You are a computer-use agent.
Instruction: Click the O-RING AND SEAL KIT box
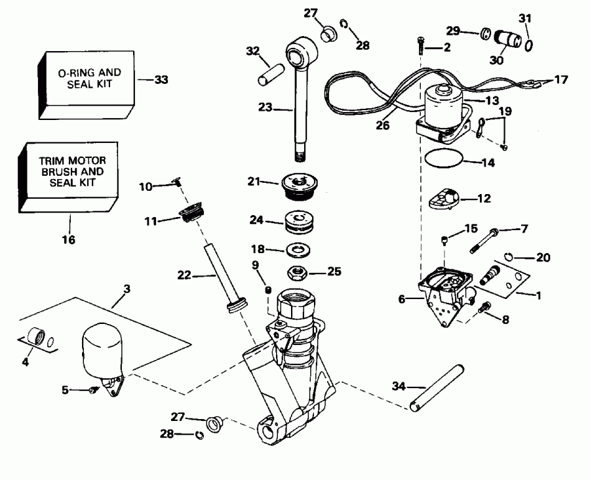coord(85,81)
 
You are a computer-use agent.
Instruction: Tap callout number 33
coord(161,80)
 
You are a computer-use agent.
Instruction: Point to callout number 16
coord(69,240)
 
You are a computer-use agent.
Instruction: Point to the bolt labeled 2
coord(420,47)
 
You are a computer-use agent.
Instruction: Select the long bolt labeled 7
coord(482,240)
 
